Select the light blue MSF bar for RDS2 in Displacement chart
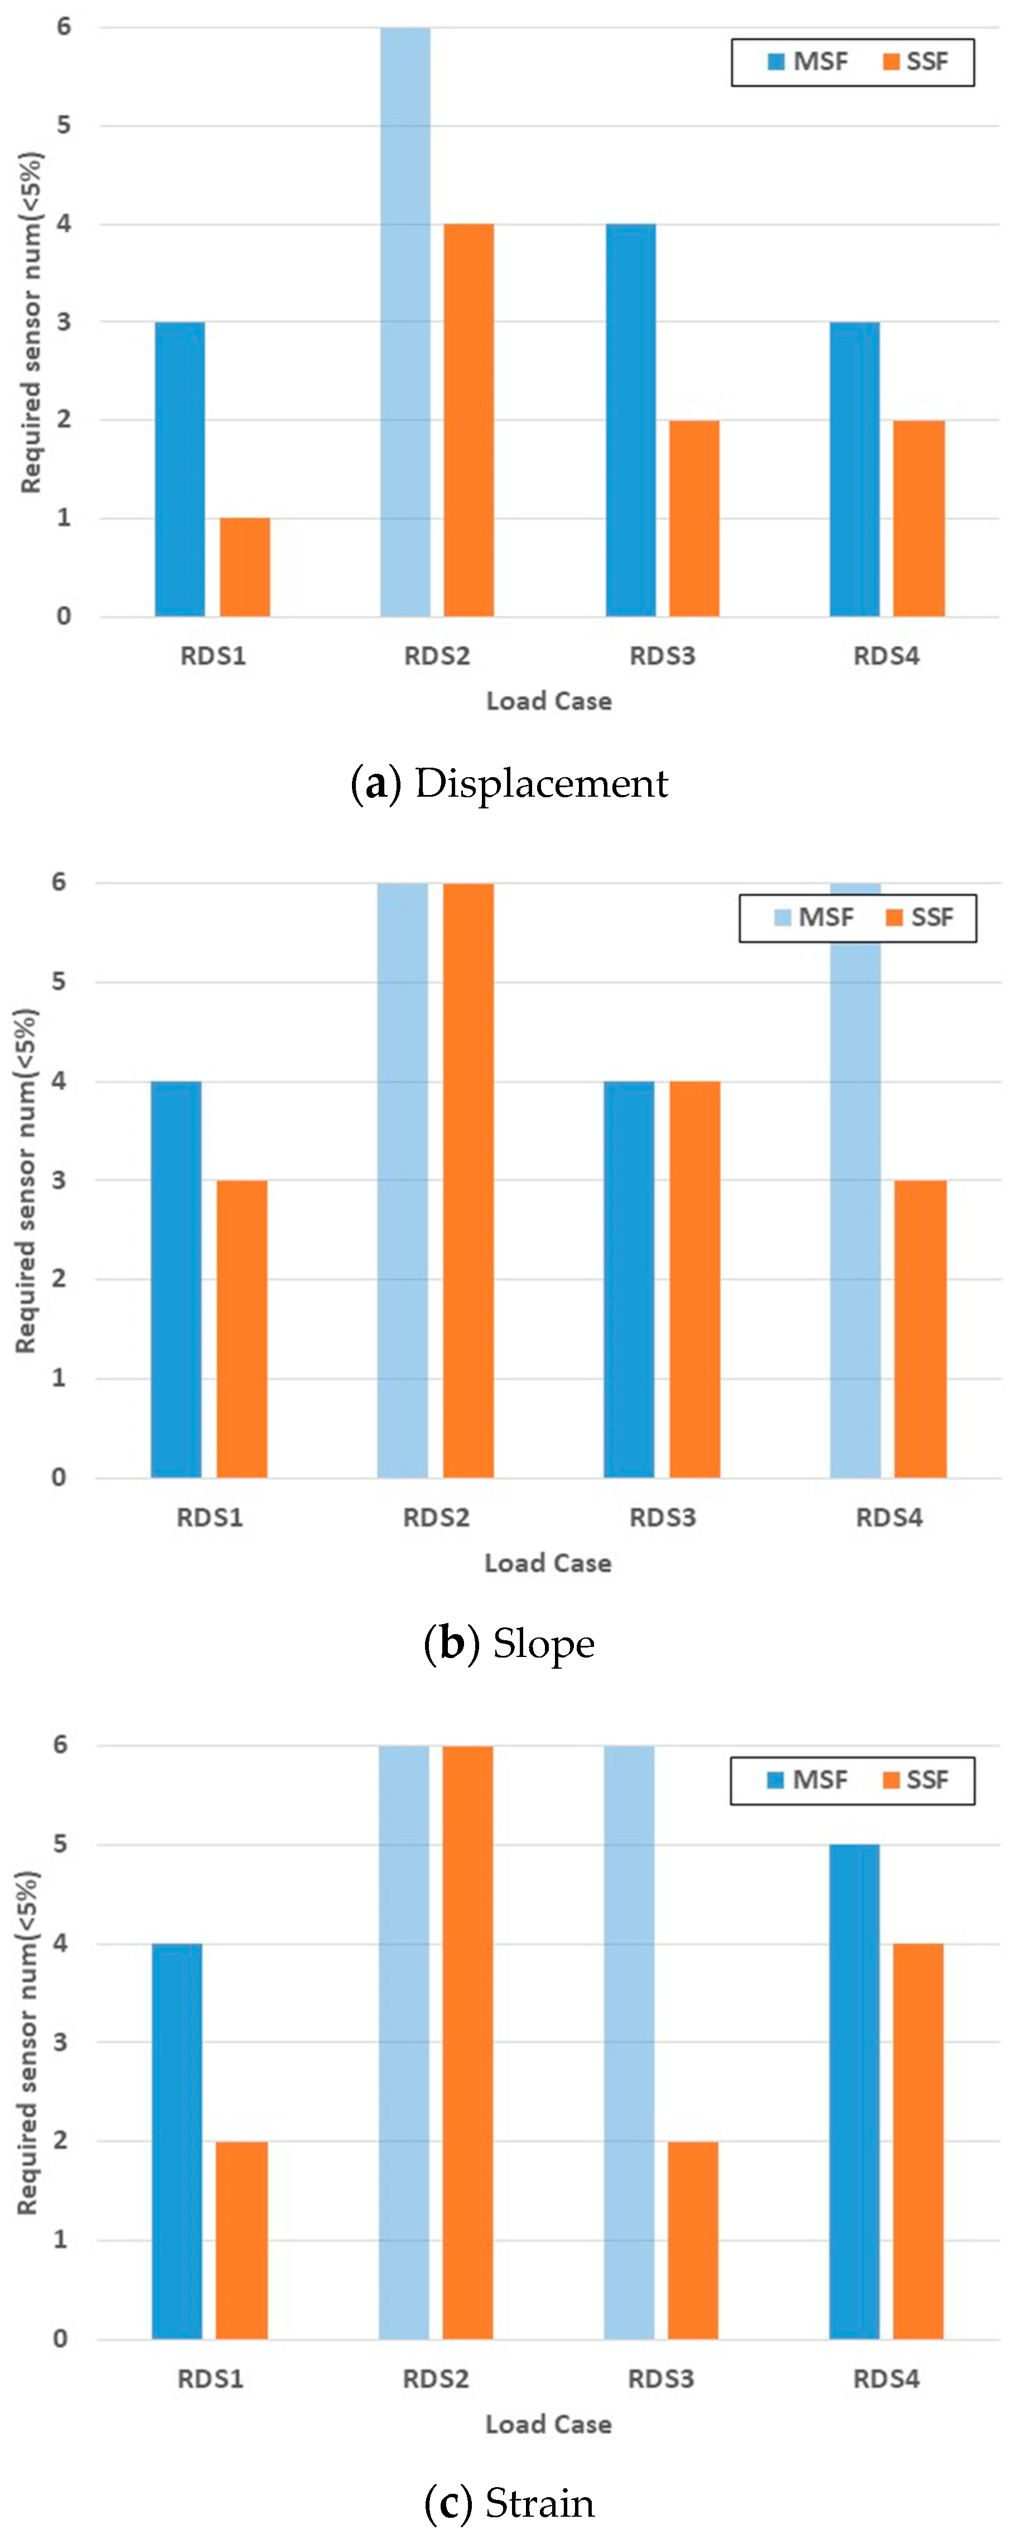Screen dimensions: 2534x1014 coord(405,322)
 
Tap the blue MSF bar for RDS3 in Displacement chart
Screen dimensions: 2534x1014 coord(630,420)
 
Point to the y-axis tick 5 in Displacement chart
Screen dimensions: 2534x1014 coord(64,125)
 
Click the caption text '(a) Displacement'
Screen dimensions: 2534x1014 coord(509,783)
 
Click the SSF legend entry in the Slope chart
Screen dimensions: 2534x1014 coord(920,918)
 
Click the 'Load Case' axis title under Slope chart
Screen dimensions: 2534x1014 coord(548,1563)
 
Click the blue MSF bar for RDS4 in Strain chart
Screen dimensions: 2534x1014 coord(854,2092)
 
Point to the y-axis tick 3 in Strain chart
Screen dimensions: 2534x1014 coord(60,2042)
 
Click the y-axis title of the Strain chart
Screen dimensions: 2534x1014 coord(27,2042)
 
